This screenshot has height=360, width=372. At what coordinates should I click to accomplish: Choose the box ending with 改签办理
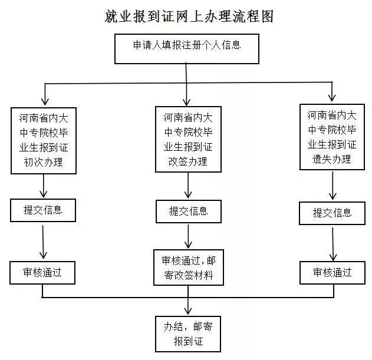point(188,139)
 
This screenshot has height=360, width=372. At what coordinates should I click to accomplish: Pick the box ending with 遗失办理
point(332,137)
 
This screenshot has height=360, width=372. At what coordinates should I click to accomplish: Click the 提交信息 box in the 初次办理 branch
point(43,210)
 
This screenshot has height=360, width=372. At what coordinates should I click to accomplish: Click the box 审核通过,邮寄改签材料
point(188,267)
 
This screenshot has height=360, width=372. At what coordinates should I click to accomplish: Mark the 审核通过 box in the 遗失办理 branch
point(332,272)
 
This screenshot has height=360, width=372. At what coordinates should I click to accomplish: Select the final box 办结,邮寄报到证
point(187,334)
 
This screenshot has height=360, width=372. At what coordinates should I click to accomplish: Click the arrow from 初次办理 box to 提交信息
point(44,186)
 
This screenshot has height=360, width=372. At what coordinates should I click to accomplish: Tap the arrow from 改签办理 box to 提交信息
point(188,186)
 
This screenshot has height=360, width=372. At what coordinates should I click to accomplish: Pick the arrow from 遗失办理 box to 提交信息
point(333,186)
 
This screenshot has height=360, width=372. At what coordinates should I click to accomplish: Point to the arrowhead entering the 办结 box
point(187,312)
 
